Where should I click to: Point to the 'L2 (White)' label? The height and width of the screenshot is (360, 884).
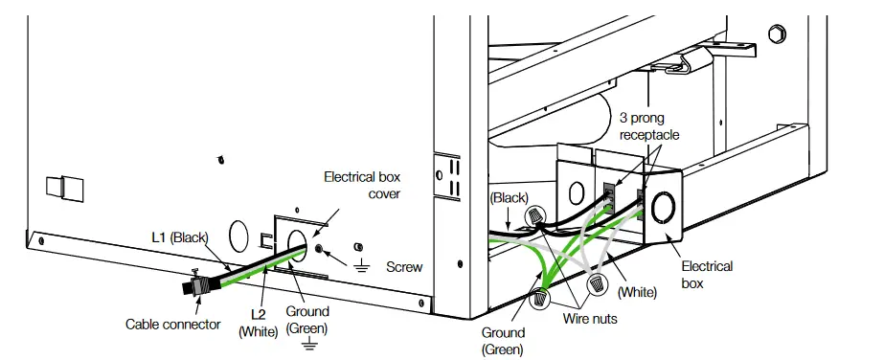click(x=256, y=324)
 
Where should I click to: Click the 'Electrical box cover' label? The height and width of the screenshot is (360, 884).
click(x=361, y=185)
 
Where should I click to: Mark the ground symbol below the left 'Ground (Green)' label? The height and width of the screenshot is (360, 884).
click(x=307, y=342)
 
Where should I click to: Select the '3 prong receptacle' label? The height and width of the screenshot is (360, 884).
click(x=648, y=127)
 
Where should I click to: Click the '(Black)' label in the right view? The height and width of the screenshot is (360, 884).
click(x=508, y=197)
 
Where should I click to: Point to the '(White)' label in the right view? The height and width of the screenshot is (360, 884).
click(x=638, y=288)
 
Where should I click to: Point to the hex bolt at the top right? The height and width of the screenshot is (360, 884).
click(x=777, y=34)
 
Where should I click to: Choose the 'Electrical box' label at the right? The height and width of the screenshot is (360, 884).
click(x=707, y=274)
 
